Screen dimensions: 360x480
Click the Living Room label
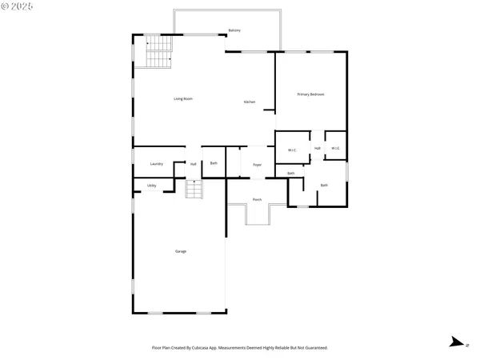pos(183,99)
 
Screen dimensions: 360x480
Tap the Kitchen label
pos(250,102)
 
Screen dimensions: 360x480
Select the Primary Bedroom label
pos(310,94)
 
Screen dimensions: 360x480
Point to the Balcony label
pos(234,30)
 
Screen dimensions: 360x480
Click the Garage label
pos(181,251)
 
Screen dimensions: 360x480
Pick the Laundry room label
pos(157,164)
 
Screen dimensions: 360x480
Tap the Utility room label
pos(152,186)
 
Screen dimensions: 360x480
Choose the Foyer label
pos(258,165)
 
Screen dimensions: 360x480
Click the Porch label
pos(257,199)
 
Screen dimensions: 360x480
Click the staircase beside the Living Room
pos(159,54)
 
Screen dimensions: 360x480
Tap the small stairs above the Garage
pos(194,189)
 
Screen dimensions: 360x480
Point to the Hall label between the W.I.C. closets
pos(318,148)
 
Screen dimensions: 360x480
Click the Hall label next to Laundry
pos(194,164)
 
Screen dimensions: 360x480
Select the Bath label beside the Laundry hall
pos(214,164)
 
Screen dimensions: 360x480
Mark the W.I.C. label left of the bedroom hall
pos(293,149)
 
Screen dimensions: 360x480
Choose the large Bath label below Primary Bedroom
pos(324,186)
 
